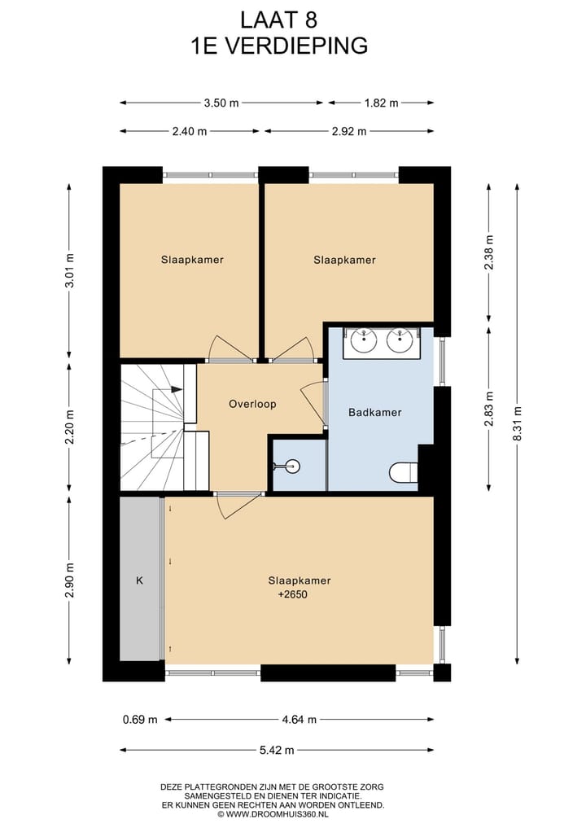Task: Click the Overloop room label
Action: (x=252, y=404)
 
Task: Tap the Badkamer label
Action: (x=374, y=413)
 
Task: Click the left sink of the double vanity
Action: (x=361, y=340)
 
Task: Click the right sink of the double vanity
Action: (x=400, y=340)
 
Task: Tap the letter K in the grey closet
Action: (x=139, y=581)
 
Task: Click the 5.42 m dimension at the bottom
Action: (x=278, y=750)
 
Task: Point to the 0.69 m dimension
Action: (x=140, y=720)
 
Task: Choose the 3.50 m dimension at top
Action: (x=221, y=103)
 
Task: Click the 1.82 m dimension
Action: (x=381, y=103)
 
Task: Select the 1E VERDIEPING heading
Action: (x=278, y=46)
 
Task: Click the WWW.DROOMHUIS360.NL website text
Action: (x=278, y=813)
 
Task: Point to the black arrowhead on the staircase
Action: (x=176, y=390)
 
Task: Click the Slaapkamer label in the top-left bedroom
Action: (x=192, y=260)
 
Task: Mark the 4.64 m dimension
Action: (x=299, y=720)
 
